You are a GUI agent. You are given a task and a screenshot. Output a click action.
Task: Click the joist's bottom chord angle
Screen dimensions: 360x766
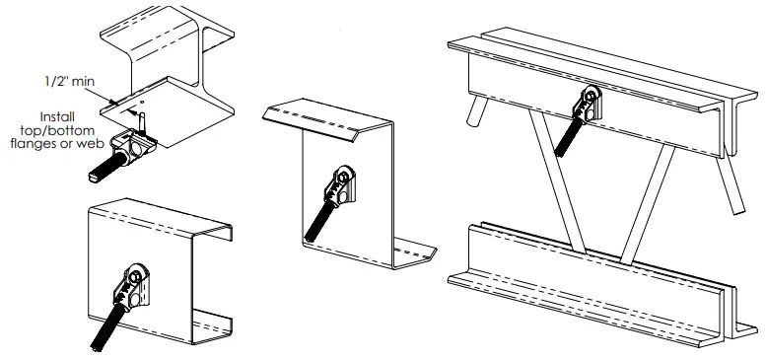point(592,281)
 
